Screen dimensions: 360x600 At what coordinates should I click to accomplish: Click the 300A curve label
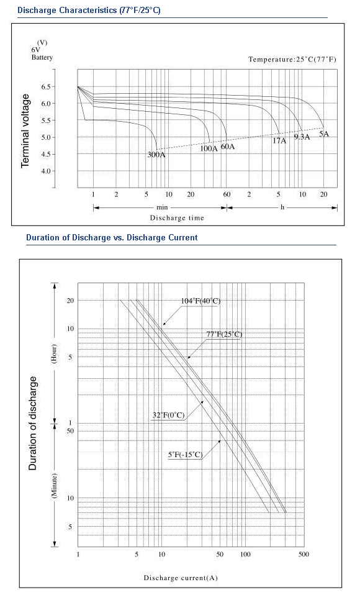click(156, 155)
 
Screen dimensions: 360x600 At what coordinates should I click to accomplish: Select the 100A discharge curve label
click(209, 148)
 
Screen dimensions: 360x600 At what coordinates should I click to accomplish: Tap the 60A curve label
click(228, 147)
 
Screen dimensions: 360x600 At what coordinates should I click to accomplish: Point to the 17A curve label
click(279, 141)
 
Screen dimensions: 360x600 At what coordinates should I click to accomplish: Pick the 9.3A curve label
click(302, 137)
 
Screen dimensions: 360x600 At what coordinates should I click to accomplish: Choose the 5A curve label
click(323, 134)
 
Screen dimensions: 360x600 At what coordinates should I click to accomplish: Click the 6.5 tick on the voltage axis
click(46, 87)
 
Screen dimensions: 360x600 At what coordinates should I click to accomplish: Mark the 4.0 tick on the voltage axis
click(46, 171)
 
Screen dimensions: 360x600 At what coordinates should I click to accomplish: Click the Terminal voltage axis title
click(25, 131)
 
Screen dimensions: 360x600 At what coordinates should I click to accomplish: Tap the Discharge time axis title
click(177, 218)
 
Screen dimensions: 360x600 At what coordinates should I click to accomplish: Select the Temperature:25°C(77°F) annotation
click(292, 59)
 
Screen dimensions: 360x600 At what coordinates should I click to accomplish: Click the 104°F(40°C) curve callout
click(200, 301)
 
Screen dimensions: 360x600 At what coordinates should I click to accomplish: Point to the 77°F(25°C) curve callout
click(224, 334)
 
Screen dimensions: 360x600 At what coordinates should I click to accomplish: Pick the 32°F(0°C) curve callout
click(168, 415)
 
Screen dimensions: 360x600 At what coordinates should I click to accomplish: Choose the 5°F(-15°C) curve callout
click(185, 455)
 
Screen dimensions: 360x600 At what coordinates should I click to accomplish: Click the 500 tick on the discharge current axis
click(304, 555)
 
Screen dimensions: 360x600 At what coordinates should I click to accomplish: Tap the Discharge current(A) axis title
click(181, 578)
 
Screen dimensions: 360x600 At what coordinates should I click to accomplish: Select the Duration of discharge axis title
click(33, 424)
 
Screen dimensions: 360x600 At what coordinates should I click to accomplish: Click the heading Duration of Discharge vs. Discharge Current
click(112, 238)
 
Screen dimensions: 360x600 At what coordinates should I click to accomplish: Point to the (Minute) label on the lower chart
click(55, 486)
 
